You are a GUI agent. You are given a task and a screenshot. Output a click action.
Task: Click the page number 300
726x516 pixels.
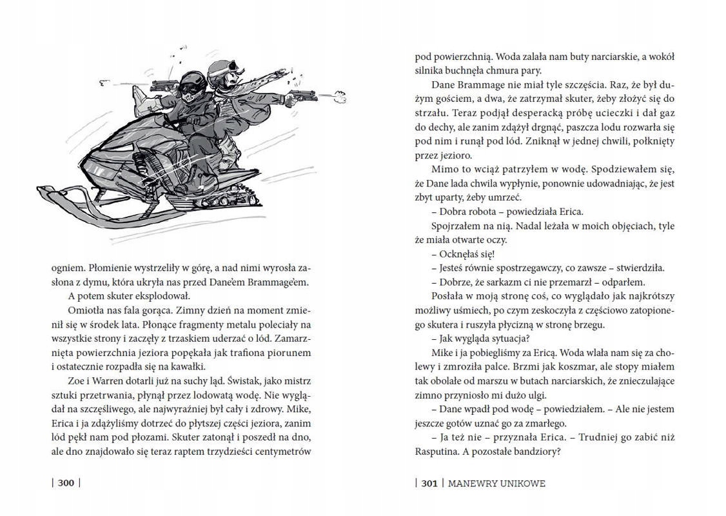(66, 483)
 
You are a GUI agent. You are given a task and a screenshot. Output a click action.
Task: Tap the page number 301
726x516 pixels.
(429, 483)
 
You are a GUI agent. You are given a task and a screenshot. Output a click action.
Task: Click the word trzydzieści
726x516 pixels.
(238, 451)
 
